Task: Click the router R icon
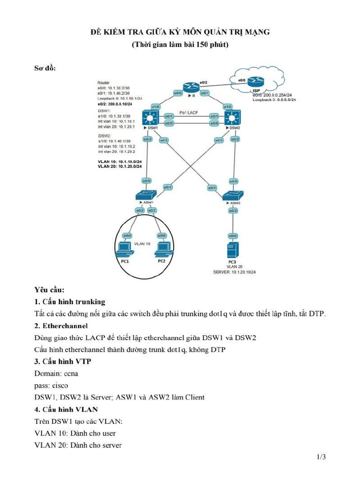[191, 87]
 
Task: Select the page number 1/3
[321, 457]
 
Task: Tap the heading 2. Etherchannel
[61, 325]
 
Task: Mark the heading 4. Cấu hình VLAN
[66, 409]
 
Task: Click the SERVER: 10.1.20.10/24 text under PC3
[232, 271]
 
